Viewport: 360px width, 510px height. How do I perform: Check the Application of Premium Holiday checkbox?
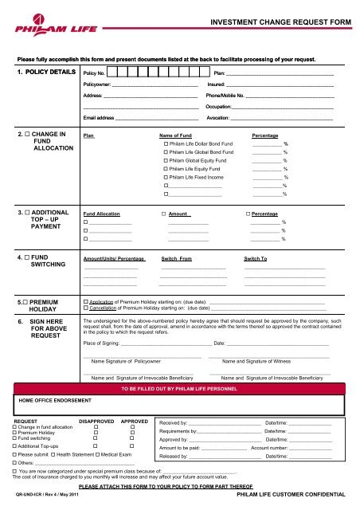86,302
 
